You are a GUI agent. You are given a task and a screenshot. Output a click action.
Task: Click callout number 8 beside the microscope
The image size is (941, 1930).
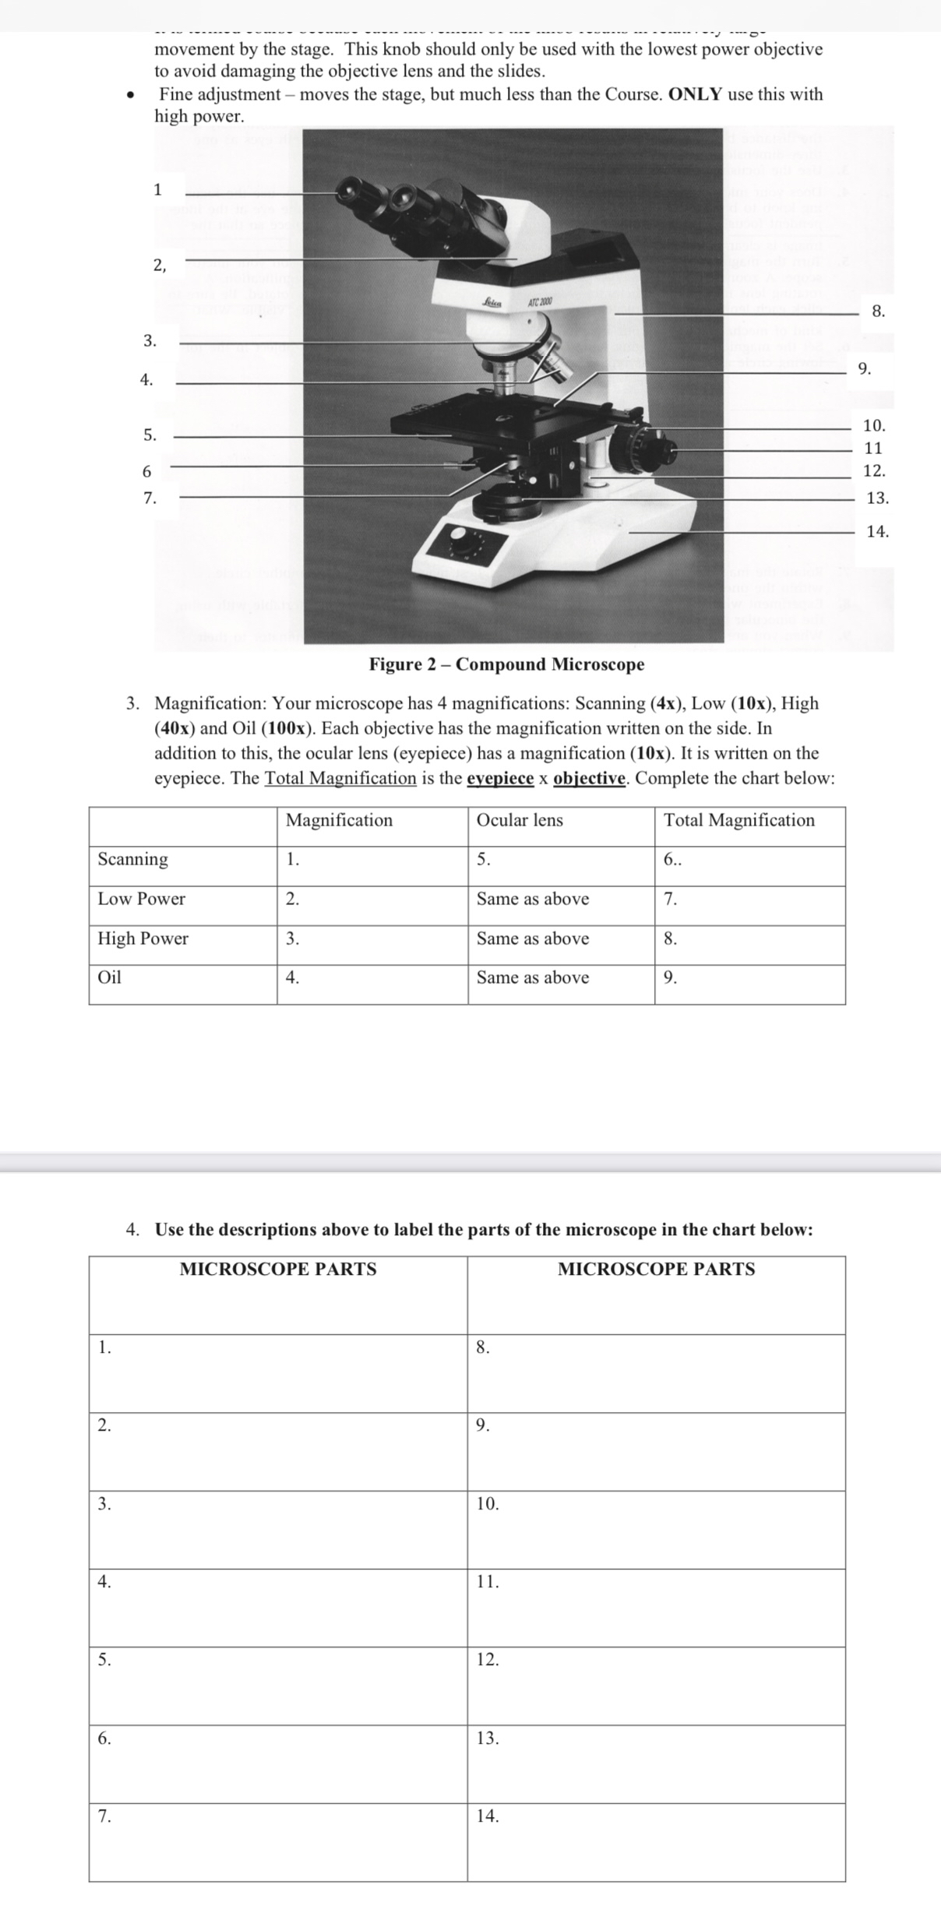(878, 312)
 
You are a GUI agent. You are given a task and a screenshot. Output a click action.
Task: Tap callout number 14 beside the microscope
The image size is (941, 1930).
(877, 532)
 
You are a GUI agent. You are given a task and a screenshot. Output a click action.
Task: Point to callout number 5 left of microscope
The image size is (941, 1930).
(150, 435)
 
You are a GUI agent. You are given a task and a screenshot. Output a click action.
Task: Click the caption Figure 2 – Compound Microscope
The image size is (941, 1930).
(506, 664)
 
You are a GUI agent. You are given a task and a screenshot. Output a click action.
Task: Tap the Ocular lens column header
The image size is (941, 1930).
(520, 820)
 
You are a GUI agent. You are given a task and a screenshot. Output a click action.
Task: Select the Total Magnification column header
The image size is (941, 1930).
(738, 820)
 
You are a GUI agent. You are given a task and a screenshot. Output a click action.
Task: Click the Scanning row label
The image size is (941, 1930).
(132, 859)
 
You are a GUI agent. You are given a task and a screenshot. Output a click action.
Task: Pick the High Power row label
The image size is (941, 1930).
(143, 939)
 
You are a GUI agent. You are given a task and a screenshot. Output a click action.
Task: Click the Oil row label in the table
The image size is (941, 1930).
(110, 977)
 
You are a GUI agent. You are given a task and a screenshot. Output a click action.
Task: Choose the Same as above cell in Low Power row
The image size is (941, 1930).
(533, 899)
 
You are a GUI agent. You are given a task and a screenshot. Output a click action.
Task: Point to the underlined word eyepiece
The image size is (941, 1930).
(500, 778)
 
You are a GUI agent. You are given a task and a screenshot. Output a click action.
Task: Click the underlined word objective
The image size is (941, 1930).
(589, 778)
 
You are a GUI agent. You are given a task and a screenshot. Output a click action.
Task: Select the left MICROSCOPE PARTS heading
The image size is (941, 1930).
(278, 1269)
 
